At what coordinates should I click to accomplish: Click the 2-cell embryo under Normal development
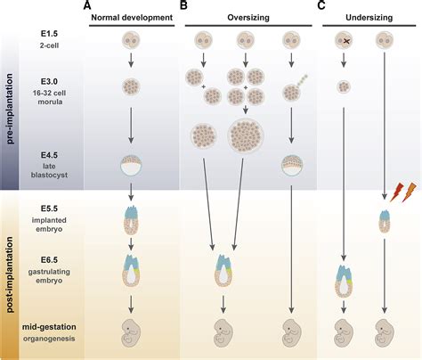pos(131,41)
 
